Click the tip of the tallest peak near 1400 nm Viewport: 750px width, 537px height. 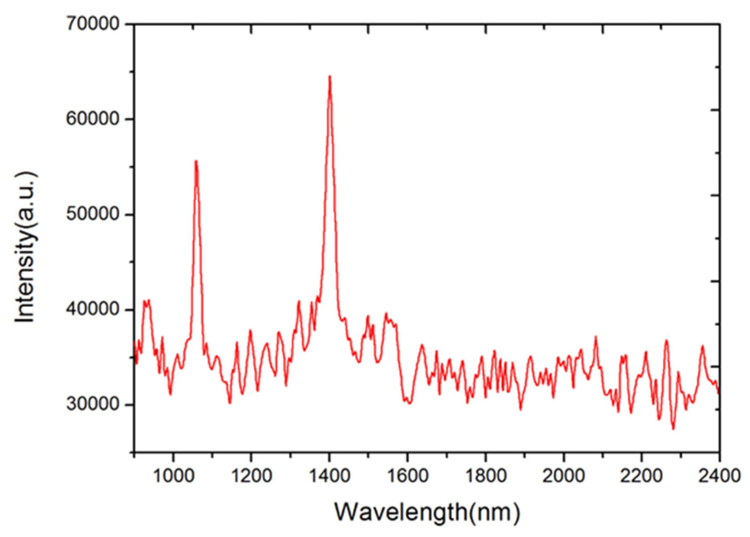(329, 77)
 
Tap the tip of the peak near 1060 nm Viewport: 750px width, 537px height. (196, 161)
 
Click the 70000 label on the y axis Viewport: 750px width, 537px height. (93, 24)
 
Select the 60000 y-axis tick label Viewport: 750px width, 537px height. (93, 119)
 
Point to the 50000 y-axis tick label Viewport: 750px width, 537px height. (93, 214)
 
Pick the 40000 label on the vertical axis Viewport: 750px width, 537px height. (93, 309)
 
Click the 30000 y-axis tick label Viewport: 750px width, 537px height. (93, 404)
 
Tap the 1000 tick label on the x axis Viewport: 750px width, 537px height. (174, 476)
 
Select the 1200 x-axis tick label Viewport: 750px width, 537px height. (252, 476)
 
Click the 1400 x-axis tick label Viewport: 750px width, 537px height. (329, 476)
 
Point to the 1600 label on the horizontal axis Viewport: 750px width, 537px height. (408, 476)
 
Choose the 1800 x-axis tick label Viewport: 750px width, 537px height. (486, 476)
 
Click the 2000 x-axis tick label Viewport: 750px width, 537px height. (563, 476)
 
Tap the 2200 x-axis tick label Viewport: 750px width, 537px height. (641, 476)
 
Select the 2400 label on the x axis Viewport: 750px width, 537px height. (719, 476)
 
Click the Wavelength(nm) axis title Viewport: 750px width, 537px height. (427, 512)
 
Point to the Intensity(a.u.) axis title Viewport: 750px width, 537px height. (26, 247)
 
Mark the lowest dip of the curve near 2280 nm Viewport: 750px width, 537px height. (673, 428)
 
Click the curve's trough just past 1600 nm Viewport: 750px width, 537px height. (409, 403)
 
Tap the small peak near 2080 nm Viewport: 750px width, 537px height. (595, 337)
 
